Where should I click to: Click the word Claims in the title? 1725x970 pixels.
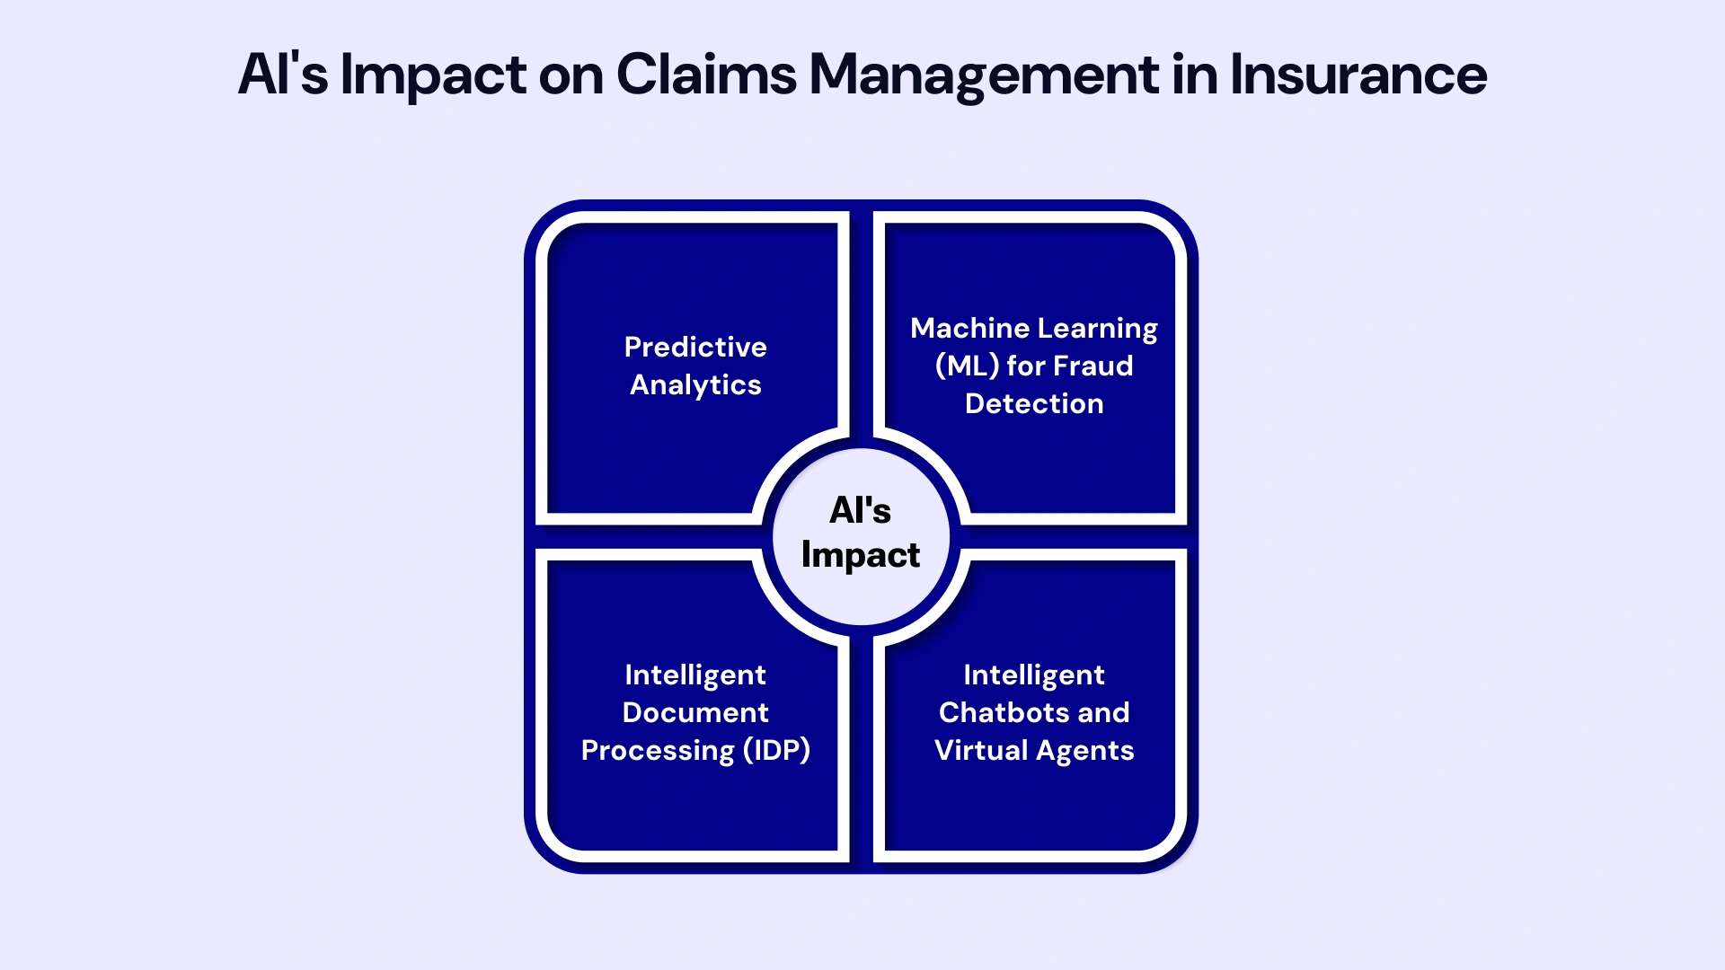[x=706, y=75]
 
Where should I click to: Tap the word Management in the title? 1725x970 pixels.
[x=984, y=75]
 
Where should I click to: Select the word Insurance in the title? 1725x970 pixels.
[x=1358, y=75]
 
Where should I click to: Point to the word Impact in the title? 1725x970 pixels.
[x=433, y=75]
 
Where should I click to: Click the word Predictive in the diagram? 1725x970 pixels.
[x=695, y=347]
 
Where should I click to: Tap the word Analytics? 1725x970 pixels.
[x=695, y=384]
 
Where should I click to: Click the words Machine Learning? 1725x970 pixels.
[x=1034, y=328]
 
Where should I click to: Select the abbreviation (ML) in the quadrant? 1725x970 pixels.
[x=967, y=366]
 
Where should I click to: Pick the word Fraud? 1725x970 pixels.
[x=1093, y=366]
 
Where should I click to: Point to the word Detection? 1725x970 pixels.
[x=1034, y=403]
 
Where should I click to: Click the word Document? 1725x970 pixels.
[x=695, y=712]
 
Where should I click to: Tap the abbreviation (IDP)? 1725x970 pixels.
[x=777, y=750]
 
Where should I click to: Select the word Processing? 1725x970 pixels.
[x=658, y=750]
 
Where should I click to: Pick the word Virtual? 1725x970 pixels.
[x=981, y=750]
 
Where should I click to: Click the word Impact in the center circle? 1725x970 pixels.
[x=861, y=555]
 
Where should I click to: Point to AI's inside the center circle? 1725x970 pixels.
[x=861, y=510]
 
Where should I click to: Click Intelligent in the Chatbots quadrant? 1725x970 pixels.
[x=1034, y=675]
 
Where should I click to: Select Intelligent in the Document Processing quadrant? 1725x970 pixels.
[x=695, y=675]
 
